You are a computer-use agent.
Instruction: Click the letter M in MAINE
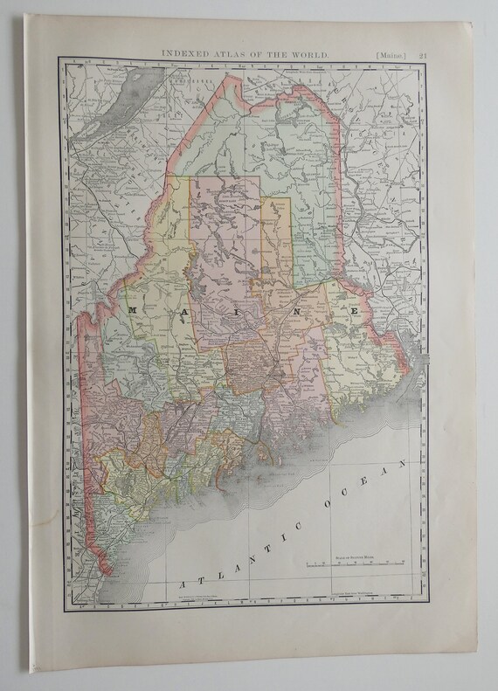(132, 310)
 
